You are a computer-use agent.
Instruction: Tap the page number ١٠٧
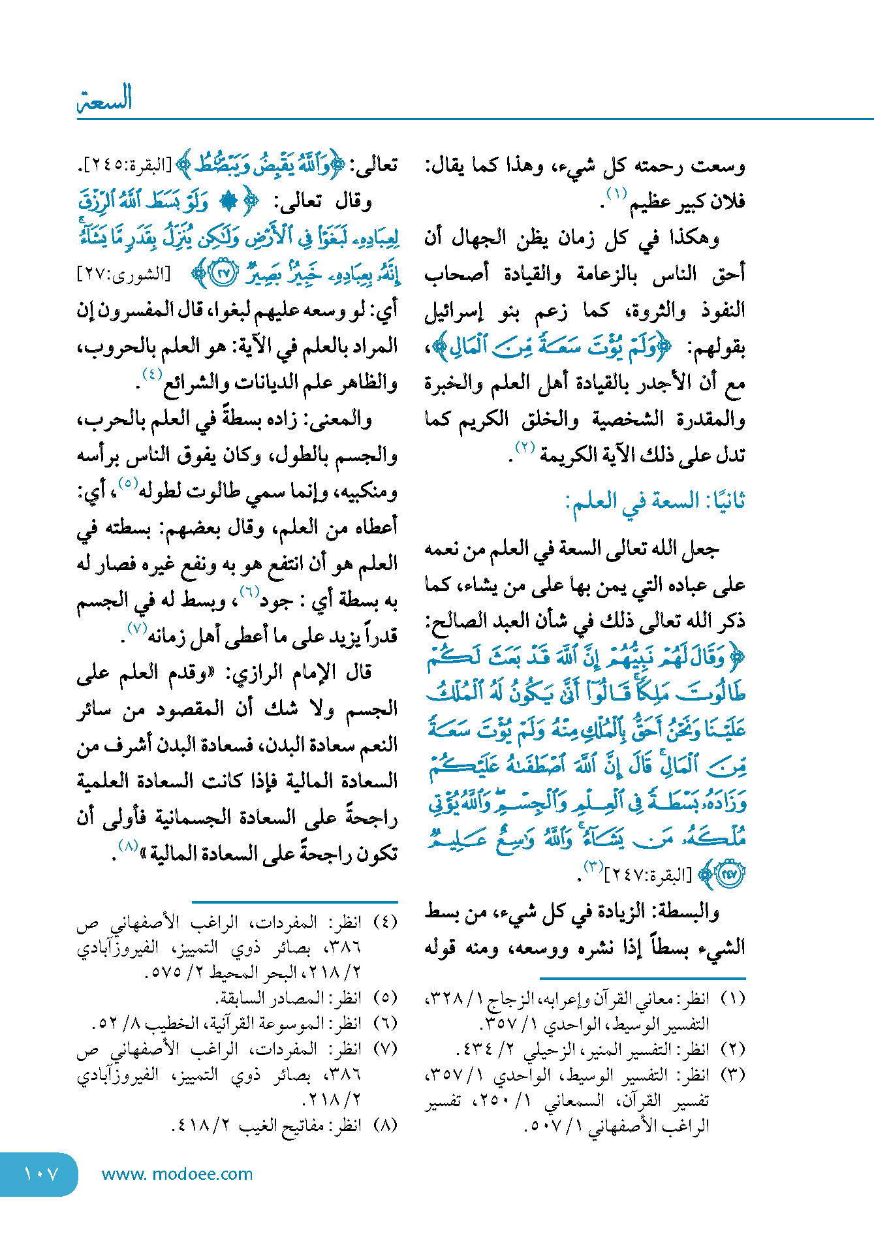coord(40,1174)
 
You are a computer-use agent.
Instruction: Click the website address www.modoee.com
coord(177,1174)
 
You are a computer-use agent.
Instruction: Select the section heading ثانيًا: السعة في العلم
coord(657,501)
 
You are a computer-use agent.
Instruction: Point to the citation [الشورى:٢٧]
coord(123,274)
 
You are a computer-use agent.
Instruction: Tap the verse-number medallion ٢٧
coord(223,274)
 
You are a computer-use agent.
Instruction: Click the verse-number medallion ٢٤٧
coord(728,874)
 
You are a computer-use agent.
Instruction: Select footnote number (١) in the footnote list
coord(732,998)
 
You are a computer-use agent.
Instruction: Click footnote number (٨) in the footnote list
coord(385,1125)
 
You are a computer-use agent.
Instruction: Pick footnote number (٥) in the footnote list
coord(385,998)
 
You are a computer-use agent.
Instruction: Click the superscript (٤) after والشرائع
coord(151,375)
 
